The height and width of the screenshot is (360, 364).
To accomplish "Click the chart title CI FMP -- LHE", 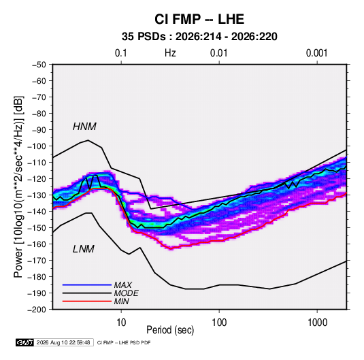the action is [199, 19].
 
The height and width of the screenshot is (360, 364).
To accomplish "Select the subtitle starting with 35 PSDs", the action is [199, 37].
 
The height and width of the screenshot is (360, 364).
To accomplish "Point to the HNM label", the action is [84, 127].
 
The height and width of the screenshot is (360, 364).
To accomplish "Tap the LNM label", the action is [84, 249].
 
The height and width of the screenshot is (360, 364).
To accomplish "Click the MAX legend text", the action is [122, 285].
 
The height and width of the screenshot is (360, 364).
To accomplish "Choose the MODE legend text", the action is [127, 293].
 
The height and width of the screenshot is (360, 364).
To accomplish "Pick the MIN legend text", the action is [121, 301].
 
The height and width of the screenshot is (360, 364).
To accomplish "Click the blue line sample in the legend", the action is [87, 285].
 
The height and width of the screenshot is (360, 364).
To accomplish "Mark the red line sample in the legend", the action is [87, 301].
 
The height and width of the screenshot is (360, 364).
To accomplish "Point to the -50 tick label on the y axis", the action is [39, 65].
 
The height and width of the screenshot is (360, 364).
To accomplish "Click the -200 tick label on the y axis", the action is [37, 310].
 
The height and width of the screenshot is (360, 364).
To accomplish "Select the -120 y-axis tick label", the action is [37, 179].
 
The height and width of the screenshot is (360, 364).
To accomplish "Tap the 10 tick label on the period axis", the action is [121, 323].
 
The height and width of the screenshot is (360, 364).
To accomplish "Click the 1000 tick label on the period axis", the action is [317, 323].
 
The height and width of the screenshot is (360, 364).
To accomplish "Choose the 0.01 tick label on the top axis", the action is [218, 53].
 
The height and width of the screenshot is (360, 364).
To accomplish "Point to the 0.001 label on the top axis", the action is [316, 53].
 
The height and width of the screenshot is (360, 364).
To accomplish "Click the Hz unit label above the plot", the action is [170, 53].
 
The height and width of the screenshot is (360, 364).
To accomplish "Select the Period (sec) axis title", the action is [170, 330].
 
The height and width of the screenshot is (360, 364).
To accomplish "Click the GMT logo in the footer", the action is [24, 342].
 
